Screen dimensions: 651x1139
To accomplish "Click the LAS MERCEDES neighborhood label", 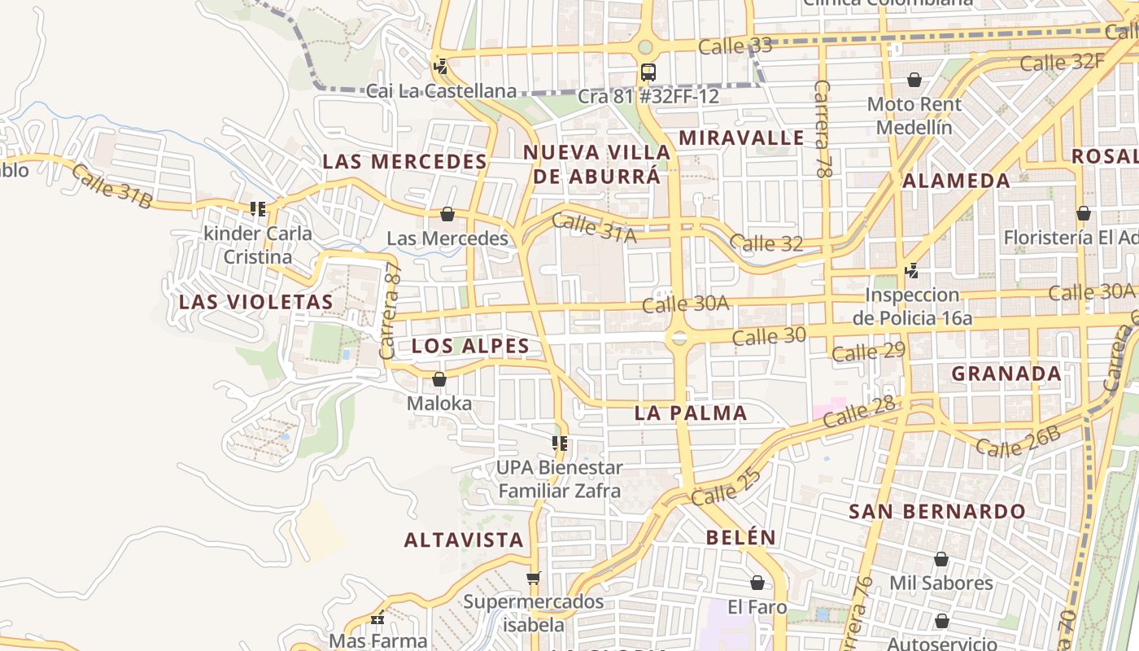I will pos(404,161).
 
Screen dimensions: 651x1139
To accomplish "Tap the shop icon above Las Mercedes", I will pos(447,214).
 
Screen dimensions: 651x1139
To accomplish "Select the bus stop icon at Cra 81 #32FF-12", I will pos(648,72).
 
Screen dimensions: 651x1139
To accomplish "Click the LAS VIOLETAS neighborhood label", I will pos(256,302).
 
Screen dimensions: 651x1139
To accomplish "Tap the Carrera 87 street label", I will pos(391,312).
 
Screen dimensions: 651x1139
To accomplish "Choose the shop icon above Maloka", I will pos(439,379).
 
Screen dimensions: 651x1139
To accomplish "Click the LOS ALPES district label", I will pos(470,346).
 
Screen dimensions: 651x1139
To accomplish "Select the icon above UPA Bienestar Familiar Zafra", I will pos(560,443).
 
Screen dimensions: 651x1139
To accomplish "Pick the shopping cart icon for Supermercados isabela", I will pos(533,579).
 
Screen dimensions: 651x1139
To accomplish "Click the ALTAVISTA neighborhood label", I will pos(464,540).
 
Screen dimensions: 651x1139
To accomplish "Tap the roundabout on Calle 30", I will pos(679,337).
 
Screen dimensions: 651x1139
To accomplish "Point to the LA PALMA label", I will pos(691,413).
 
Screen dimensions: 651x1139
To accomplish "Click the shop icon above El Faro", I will pos(757,583).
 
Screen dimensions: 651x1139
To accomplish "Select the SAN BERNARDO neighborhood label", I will pos(937,512).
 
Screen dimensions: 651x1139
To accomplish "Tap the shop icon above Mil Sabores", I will pos(941,559).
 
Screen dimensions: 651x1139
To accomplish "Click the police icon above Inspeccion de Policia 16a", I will pos(912,270).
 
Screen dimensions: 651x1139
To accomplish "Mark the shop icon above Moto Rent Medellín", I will pos(914,80).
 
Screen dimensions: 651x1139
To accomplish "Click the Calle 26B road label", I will pos(1018,441).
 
